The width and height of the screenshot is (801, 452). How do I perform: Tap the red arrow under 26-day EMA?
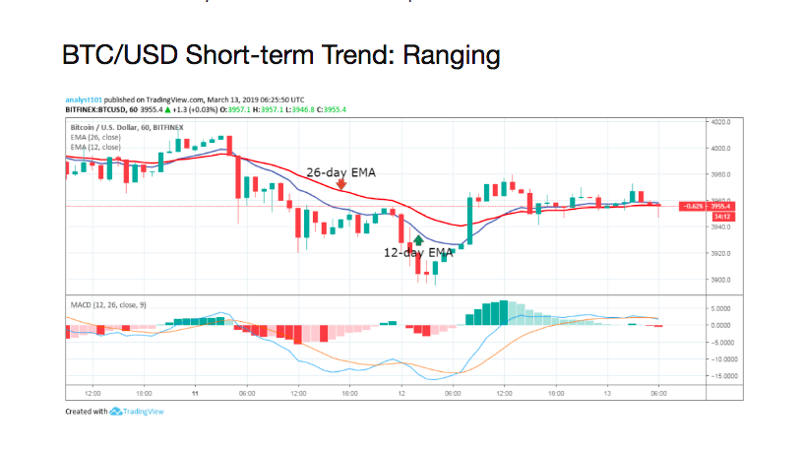[x=341, y=183]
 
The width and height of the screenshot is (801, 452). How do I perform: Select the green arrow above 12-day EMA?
[x=418, y=239]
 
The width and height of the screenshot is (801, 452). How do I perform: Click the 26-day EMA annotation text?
[x=340, y=170]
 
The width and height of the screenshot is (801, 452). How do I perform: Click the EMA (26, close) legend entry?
[x=95, y=138]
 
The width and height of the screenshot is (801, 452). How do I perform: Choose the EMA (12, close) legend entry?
[x=95, y=147]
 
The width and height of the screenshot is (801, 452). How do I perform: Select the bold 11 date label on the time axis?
[x=195, y=392]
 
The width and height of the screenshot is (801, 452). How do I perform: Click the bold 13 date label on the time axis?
[x=607, y=392]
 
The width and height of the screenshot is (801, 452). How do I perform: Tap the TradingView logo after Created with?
[x=138, y=412]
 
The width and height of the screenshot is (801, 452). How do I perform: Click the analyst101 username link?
[x=84, y=99]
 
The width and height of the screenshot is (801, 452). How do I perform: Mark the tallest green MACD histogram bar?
[x=503, y=312]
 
